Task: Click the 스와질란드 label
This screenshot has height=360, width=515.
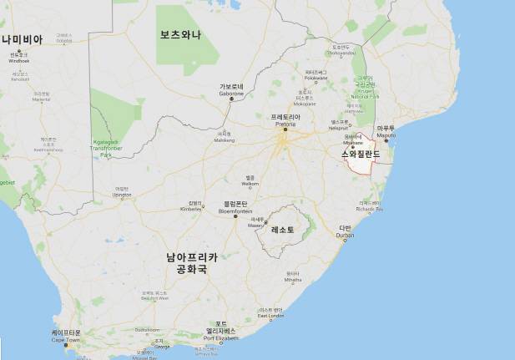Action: point(361,155)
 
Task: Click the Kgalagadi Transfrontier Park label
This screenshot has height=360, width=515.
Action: point(106,149)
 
